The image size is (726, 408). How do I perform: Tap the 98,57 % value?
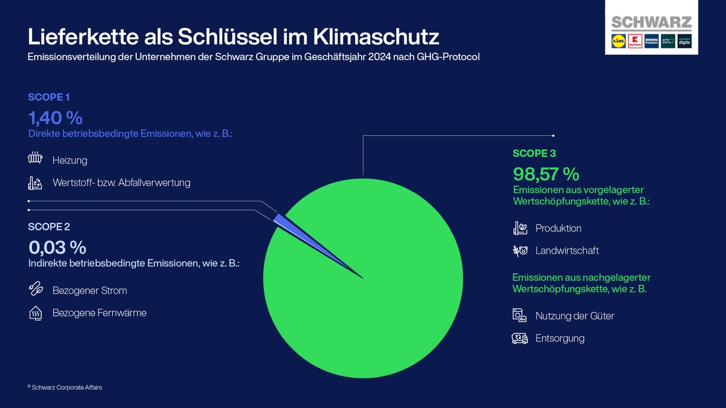click(546, 174)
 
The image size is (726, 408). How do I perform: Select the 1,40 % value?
click(55, 117)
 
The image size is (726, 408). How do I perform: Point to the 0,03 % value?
click(57, 247)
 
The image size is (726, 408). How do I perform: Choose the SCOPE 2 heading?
click(49, 227)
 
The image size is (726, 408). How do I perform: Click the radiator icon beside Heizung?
click(35, 160)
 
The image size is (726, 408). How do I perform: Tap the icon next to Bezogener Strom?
click(36, 290)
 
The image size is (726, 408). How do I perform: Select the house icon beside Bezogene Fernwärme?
click(36, 313)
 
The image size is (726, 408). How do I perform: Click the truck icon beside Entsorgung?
click(520, 338)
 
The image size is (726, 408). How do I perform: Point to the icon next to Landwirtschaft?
click(520, 250)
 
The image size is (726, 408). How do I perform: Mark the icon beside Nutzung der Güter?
click(520, 316)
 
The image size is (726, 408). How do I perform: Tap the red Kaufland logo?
click(634, 42)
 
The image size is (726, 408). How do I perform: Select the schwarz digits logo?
click(684, 42)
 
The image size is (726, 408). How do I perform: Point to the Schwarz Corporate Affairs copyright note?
click(65, 387)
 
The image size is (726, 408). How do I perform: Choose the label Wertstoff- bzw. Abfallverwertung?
click(121, 183)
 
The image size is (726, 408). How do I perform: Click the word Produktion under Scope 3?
click(558, 228)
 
